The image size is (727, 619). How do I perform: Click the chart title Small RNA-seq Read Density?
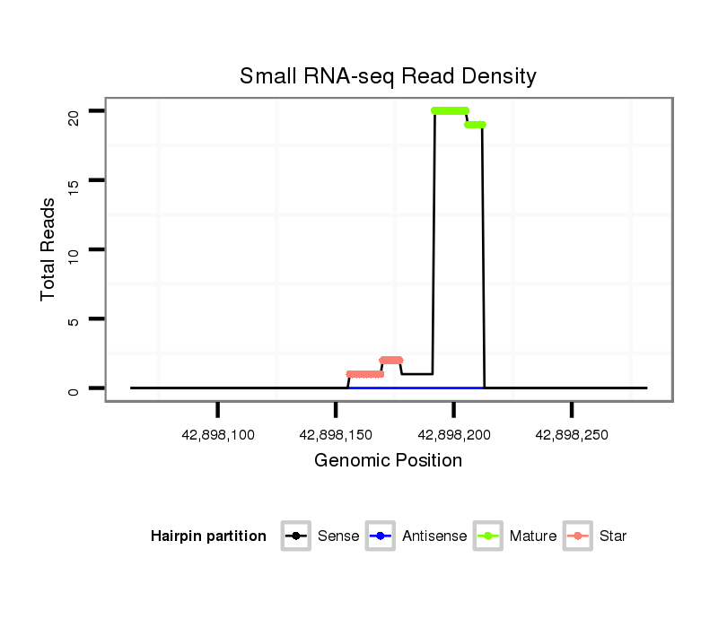[x=388, y=76]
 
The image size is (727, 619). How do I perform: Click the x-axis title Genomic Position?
[x=388, y=461]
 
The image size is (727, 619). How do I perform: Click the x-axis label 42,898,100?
[x=218, y=435]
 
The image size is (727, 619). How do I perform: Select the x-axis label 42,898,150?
[x=336, y=435]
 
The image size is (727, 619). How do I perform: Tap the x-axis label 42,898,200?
[x=454, y=435]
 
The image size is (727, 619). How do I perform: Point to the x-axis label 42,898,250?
[x=572, y=435]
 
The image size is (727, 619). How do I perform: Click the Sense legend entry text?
[x=338, y=536]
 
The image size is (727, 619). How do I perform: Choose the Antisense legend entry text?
[x=434, y=536]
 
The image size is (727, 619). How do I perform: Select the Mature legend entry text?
[x=533, y=536]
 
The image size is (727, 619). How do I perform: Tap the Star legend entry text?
[x=613, y=536]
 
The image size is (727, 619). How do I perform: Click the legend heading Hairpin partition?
[x=208, y=536]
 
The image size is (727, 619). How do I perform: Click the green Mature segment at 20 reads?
[x=450, y=111]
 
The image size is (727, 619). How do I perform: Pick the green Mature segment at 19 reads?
[x=475, y=125]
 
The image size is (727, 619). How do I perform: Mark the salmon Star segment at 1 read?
[x=364, y=374]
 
